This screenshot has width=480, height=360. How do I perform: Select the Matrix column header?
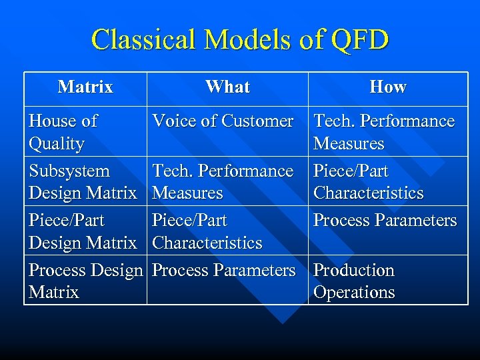tap(85, 87)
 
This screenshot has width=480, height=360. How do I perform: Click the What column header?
tap(227, 87)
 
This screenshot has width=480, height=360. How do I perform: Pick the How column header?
tap(388, 87)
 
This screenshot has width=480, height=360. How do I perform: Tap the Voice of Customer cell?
tap(223, 121)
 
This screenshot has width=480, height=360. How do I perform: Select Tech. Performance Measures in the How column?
tap(383, 132)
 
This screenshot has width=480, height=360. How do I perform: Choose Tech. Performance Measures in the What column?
tap(223, 181)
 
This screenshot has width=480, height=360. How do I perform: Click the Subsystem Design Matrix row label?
tap(82, 181)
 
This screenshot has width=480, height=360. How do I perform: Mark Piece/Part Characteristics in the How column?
tap(368, 181)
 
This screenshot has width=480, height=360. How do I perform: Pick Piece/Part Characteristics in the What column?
tap(207, 231)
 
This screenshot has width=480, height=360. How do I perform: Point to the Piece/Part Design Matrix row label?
tap(82, 231)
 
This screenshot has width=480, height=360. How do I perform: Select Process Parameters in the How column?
tap(385, 220)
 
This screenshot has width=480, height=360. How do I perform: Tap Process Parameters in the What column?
tap(223, 270)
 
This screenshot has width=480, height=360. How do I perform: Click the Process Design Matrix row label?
tap(85, 281)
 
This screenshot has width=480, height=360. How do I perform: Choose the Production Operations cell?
tap(354, 281)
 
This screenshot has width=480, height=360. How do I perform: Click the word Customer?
tap(257, 121)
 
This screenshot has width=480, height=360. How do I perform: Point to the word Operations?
tap(354, 292)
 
